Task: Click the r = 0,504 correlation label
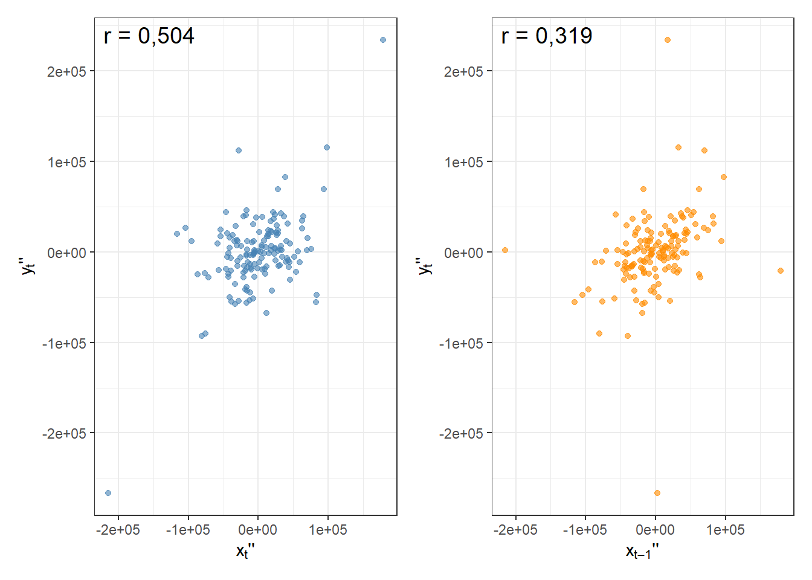tap(149, 36)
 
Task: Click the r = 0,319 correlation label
tap(546, 36)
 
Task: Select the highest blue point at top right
tap(383, 40)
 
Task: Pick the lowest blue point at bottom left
tap(108, 493)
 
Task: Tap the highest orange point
tap(668, 40)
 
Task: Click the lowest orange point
tap(657, 493)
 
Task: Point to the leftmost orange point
tap(505, 250)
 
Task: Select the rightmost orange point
tap(781, 271)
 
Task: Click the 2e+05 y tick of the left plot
tap(66, 71)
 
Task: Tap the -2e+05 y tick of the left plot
tap(64, 434)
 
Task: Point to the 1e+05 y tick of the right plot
tap(464, 162)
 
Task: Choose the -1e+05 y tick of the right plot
tap(461, 343)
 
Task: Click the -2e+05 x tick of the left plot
tap(118, 530)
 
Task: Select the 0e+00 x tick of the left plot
tap(258, 530)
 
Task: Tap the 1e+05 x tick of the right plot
tap(725, 530)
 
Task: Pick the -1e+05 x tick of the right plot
tap(585, 530)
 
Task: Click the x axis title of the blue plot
tap(245, 551)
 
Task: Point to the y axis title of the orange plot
tap(426, 266)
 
